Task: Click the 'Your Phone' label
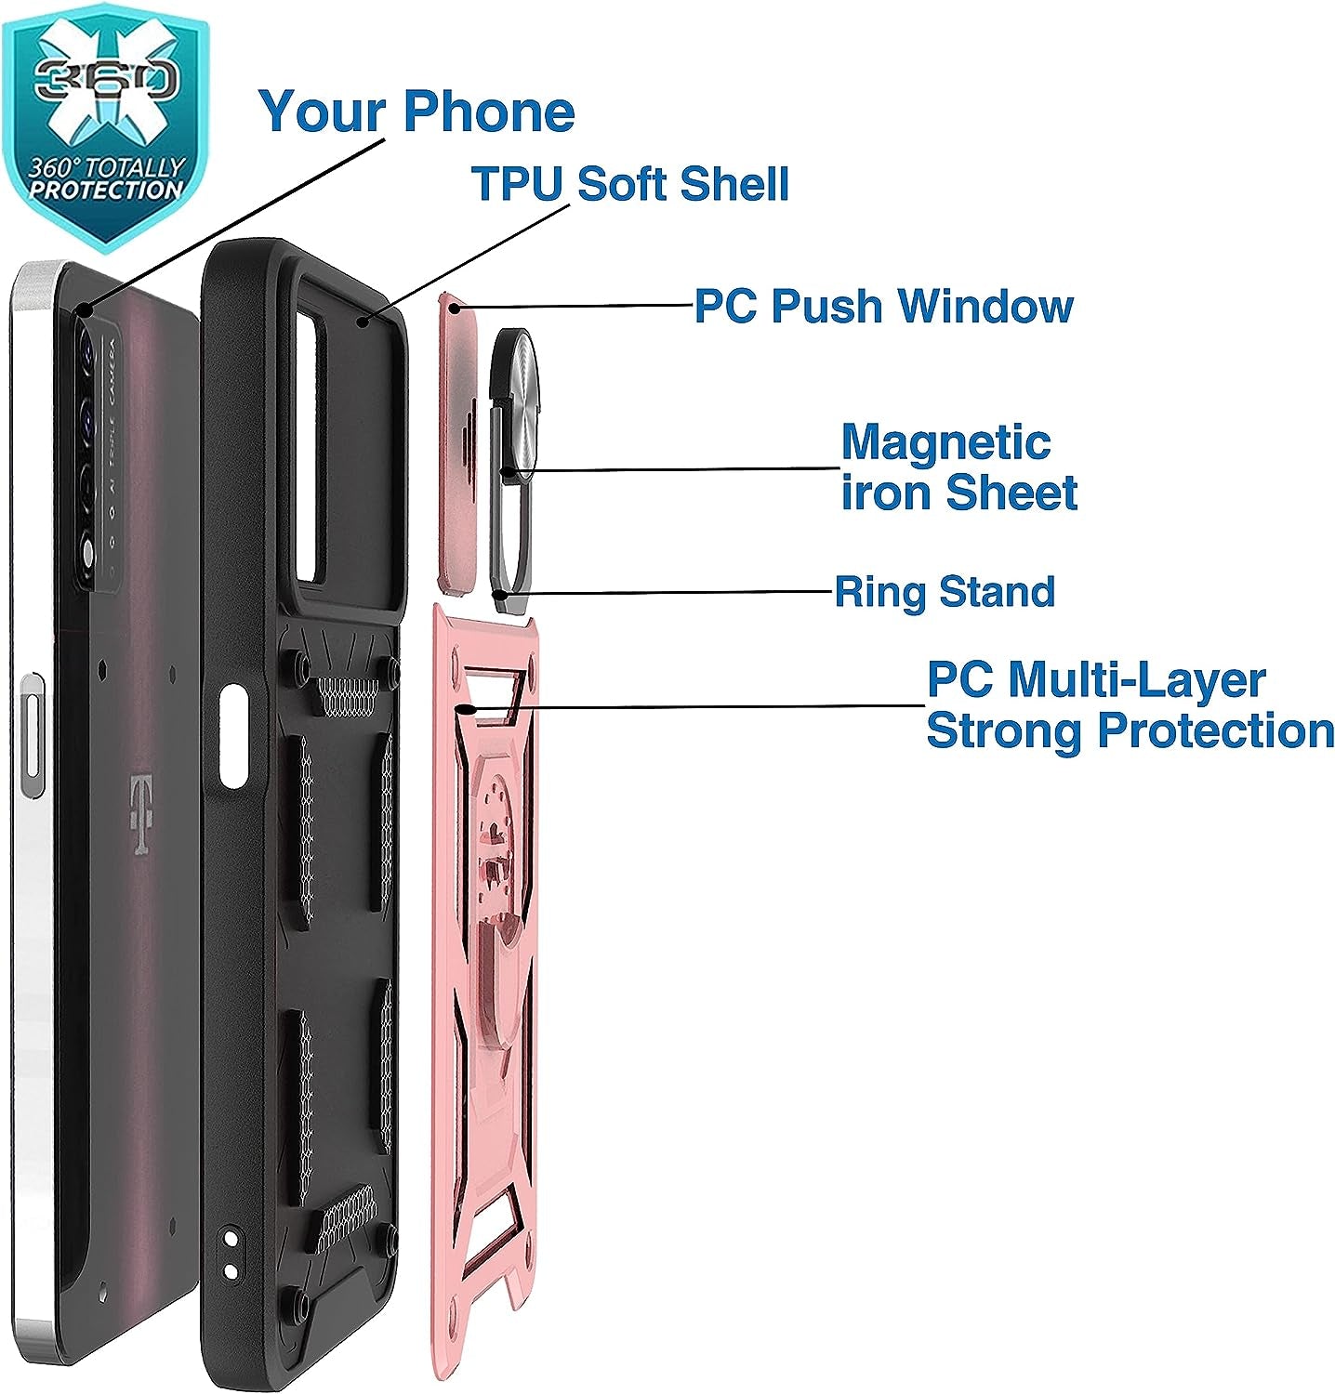coord(416,112)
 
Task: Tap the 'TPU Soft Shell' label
coord(629,183)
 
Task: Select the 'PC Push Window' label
coord(883,306)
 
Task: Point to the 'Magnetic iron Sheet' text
coord(958,467)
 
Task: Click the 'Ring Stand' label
coord(944,592)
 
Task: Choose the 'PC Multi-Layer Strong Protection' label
coord(1129,706)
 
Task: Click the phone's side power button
coord(32,734)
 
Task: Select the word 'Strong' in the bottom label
coord(1004,731)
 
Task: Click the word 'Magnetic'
coord(945,442)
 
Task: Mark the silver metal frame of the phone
coord(23,929)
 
